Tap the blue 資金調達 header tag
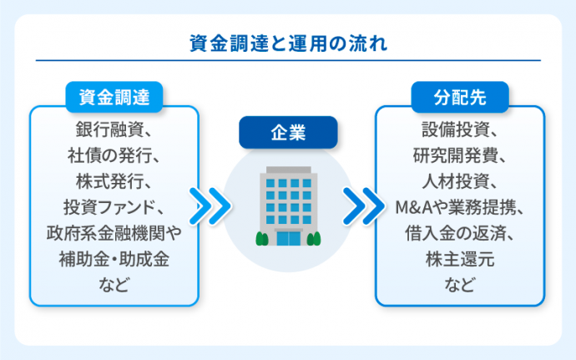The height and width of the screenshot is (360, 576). pyautogui.click(x=114, y=98)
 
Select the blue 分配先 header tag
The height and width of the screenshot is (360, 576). pyautogui.click(x=460, y=98)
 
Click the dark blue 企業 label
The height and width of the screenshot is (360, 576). pyautogui.click(x=288, y=132)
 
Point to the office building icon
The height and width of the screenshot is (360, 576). pyautogui.click(x=288, y=205)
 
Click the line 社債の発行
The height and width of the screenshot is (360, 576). pyautogui.click(x=114, y=155)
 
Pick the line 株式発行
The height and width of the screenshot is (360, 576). pyautogui.click(x=114, y=180)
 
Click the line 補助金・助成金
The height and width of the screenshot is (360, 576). pyautogui.click(x=114, y=259)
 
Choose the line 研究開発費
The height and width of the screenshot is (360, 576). pyautogui.click(x=460, y=155)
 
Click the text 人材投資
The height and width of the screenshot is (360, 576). pyautogui.click(x=460, y=180)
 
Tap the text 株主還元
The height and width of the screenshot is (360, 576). pyautogui.click(x=460, y=259)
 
